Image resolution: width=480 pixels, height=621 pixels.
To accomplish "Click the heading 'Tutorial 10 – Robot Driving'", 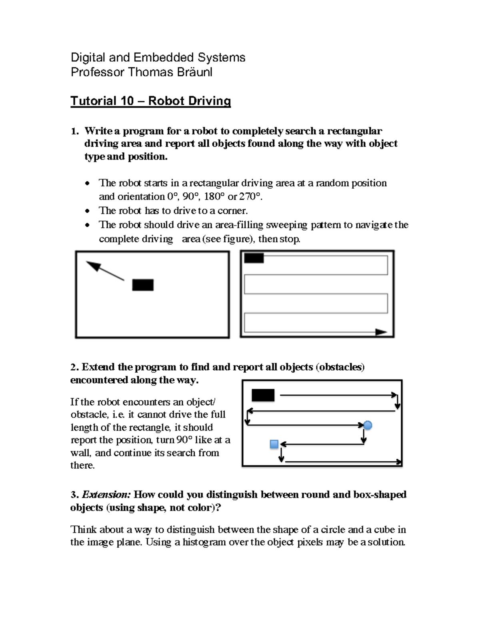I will click(x=150, y=101).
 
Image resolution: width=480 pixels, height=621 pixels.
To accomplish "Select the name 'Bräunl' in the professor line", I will click(x=196, y=72).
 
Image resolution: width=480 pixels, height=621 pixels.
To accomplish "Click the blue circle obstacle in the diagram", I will click(x=368, y=425).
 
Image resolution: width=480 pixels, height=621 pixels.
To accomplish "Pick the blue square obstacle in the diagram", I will click(x=274, y=444).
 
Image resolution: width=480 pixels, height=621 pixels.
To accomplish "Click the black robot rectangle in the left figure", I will click(x=143, y=285).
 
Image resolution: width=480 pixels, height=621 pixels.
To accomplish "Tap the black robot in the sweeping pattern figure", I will click(x=254, y=258).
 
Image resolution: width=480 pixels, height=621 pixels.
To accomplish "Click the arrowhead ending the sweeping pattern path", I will click(x=381, y=332).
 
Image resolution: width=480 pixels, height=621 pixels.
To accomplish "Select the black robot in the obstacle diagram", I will click(x=263, y=395).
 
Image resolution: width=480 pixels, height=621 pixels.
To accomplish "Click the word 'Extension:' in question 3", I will click(x=106, y=495).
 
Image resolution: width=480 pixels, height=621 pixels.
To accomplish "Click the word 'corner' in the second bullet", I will click(x=232, y=210).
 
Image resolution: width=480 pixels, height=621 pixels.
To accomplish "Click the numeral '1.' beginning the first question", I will click(x=74, y=131).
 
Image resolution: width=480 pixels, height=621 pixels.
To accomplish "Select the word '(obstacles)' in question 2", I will click(x=340, y=367).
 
